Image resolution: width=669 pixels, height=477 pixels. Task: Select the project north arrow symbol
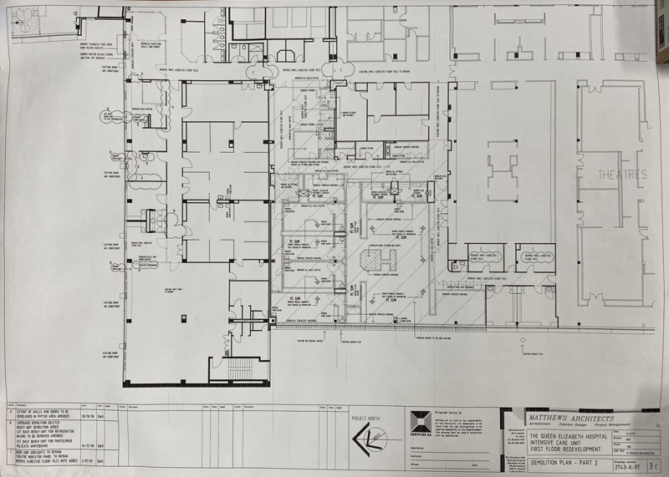(x=361, y=439)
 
